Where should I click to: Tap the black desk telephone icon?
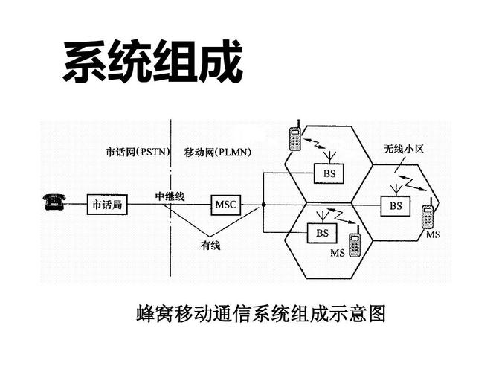point(53,201)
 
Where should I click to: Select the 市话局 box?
point(107,204)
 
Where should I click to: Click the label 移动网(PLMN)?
point(217,152)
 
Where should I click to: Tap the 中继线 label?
point(170,196)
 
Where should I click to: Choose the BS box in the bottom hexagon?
point(322,233)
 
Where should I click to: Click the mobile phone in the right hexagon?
point(428,217)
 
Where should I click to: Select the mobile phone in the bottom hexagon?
point(355,244)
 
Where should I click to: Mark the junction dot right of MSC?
point(263,204)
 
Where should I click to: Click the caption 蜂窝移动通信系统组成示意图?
point(262,313)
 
